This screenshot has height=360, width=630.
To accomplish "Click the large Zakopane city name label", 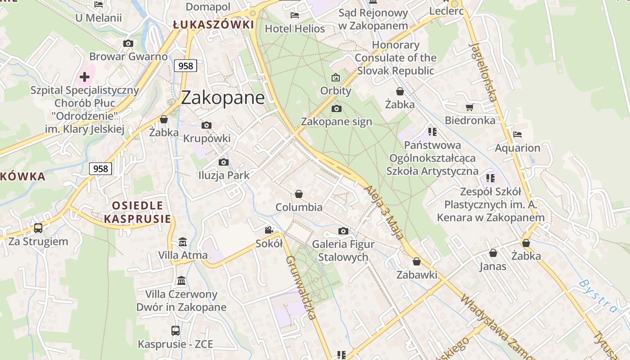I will [x=223, y=98].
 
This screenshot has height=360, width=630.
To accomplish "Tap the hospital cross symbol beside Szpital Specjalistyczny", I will [x=84, y=76].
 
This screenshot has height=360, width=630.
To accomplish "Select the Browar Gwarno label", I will [x=128, y=57].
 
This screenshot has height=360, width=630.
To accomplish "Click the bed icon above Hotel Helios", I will [x=295, y=15].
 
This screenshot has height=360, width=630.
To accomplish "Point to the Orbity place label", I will [x=336, y=90].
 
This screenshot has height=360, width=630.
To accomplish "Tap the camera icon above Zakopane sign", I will [x=336, y=108].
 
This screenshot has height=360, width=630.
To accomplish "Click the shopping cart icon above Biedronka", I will [x=470, y=107].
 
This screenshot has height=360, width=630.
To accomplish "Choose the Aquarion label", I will [x=517, y=148].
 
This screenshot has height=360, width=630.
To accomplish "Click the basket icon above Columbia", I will [x=299, y=194].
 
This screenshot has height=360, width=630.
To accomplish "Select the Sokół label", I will [x=269, y=243].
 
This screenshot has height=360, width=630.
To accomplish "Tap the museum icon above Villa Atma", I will [x=183, y=242].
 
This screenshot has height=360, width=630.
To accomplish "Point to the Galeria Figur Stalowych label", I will [x=343, y=251].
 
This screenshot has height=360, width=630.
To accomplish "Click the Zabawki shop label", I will [x=417, y=274].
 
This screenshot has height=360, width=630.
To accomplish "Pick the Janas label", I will [x=492, y=266].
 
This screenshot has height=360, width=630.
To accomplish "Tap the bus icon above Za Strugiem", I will [x=38, y=228].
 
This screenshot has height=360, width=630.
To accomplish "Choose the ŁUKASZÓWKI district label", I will [x=213, y=25].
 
